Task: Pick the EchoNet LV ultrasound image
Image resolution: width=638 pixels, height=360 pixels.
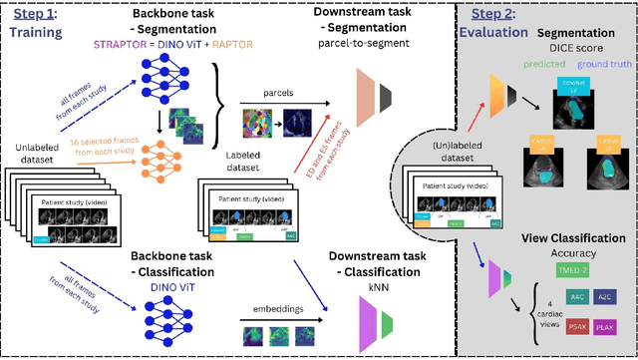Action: [573, 114]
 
